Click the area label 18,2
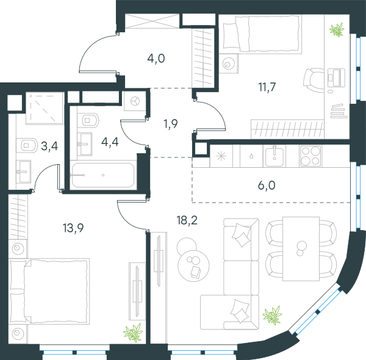pyautogui.click(x=187, y=220)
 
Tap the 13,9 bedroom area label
pyautogui.click(x=73, y=228)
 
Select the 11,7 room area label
pyautogui.click(x=267, y=87)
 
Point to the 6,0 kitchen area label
pyautogui.click(x=267, y=185)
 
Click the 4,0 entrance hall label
pyautogui.click(x=156, y=59)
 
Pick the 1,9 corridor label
pyautogui.click(x=171, y=124)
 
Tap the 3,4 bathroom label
pyautogui.click(x=49, y=146)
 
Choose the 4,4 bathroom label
pyautogui.click(x=110, y=142)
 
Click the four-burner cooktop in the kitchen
pyautogui.click(x=310, y=156)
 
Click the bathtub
pyautogui.click(x=103, y=175)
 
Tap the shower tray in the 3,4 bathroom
pyautogui.click(x=45, y=109)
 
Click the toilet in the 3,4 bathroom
pyautogui.click(x=27, y=145)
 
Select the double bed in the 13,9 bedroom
pyautogui.click(x=49, y=291)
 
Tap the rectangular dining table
pyautogui.click(x=301, y=249)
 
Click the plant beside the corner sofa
pyautogui.click(x=272, y=315)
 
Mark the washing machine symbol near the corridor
pyautogui.click(x=135, y=101)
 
